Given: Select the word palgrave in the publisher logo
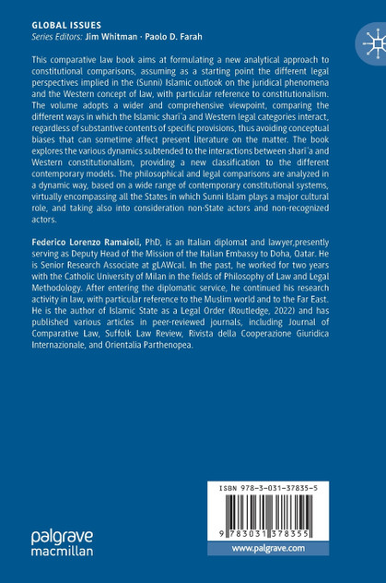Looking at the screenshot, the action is pos(59,536).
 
